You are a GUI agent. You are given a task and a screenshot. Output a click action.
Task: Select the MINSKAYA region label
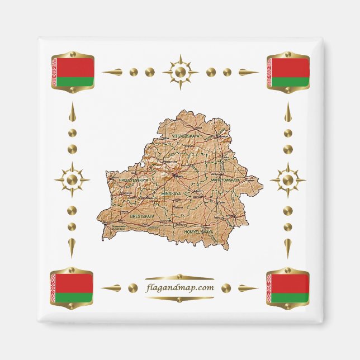point(171,193)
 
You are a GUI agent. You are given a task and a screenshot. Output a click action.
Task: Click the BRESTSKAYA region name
point(141,215)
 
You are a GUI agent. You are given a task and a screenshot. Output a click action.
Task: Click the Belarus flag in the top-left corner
point(72,72)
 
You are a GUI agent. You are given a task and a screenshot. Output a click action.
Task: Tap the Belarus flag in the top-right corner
point(288,72)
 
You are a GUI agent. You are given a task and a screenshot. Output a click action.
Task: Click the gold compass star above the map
point(180,72)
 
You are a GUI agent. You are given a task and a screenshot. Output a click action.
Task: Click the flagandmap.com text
point(179,288)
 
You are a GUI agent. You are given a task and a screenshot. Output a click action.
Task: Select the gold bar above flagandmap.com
point(179,277)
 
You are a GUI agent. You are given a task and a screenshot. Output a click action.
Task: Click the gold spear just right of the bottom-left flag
point(111,288)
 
